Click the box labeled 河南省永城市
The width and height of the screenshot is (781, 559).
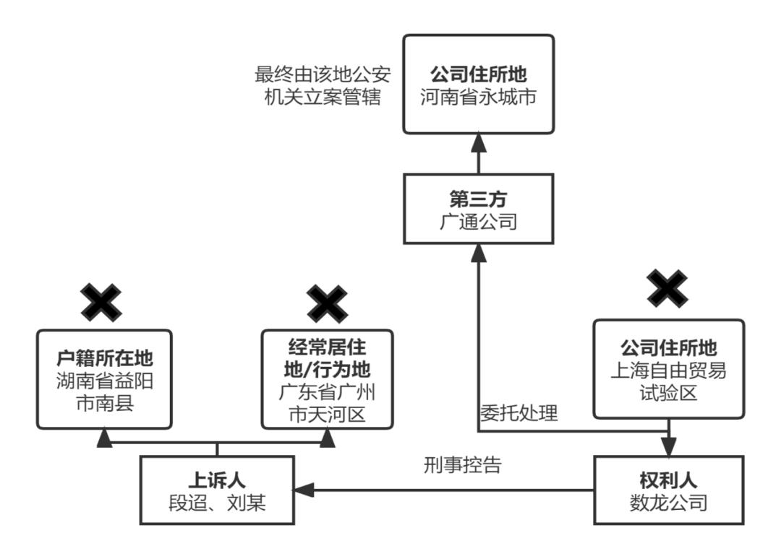pos(478,84)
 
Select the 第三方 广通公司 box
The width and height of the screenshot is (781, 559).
pos(478,208)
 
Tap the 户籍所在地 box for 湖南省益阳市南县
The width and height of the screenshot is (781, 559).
pos(104,378)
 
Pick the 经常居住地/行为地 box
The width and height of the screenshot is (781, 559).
pos(327,378)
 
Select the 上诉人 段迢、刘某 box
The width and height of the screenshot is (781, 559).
pos(218,490)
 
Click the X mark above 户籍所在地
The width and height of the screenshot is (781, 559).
pos(101,303)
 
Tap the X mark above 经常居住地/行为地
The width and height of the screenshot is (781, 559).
pos(327,303)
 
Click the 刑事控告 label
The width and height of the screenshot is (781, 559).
pos(462,466)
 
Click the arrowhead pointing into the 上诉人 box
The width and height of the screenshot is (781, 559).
pos(303,490)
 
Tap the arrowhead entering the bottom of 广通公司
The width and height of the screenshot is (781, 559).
pos(478,251)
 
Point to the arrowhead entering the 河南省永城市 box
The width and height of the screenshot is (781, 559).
pos(478,142)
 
